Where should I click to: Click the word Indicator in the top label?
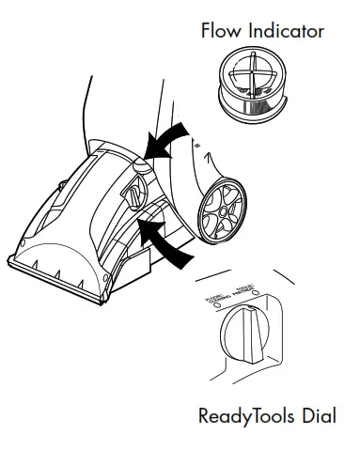click(x=285, y=31)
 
